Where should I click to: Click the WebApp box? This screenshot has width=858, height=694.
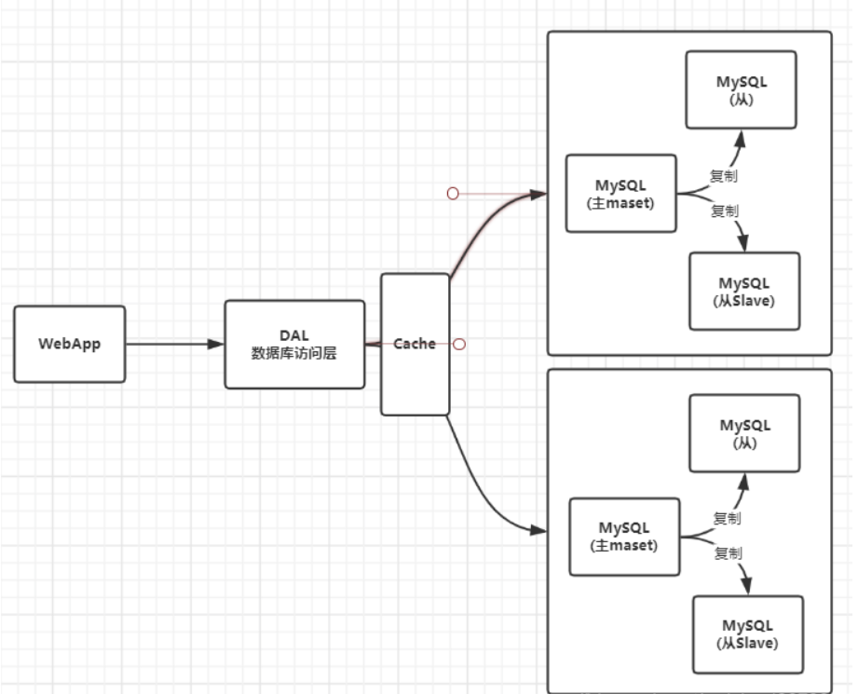pos(69,343)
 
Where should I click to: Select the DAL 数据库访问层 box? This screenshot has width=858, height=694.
pos(294,344)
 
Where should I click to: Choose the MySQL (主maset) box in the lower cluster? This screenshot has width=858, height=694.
pos(624,538)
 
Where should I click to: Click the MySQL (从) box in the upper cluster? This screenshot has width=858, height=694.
pos(742,88)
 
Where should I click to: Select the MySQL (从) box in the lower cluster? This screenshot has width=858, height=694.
pos(744,432)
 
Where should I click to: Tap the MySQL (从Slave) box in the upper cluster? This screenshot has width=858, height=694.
pos(743,290)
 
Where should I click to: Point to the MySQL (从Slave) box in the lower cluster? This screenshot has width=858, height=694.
pos(746,633)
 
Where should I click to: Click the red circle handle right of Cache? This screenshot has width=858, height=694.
pos(458,344)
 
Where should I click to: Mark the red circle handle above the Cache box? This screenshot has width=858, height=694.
pos(453,194)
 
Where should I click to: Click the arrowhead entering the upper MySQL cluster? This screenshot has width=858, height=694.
pos(538,194)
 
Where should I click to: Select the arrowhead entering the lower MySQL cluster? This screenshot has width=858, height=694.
pos(538,530)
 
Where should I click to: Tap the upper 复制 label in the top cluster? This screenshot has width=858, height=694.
pos(725,176)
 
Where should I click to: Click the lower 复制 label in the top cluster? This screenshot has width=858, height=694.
pos(725,211)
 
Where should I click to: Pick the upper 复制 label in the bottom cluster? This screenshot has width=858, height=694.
pos(728,518)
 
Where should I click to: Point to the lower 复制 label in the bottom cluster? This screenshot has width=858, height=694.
pos(728,552)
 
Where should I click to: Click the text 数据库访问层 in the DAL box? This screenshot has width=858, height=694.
pos(294,352)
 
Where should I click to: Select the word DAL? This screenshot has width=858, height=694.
pos(294,334)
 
